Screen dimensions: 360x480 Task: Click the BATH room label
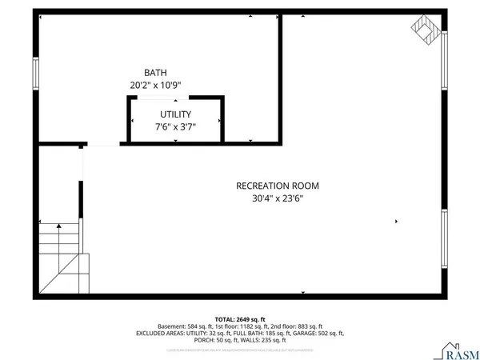pyautogui.click(x=156, y=71)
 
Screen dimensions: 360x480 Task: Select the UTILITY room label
pyautogui.click(x=175, y=114)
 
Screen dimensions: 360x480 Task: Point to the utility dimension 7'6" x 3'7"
pyautogui.click(x=175, y=126)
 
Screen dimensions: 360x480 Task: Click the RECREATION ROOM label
pyautogui.click(x=272, y=186)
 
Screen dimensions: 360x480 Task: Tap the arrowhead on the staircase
pyautogui.click(x=59, y=226)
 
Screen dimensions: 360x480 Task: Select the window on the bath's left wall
pyautogui.click(x=34, y=74)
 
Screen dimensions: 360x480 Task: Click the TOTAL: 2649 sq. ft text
pyautogui.click(x=239, y=319)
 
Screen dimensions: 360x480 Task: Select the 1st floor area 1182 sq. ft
pyautogui.click(x=250, y=326)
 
